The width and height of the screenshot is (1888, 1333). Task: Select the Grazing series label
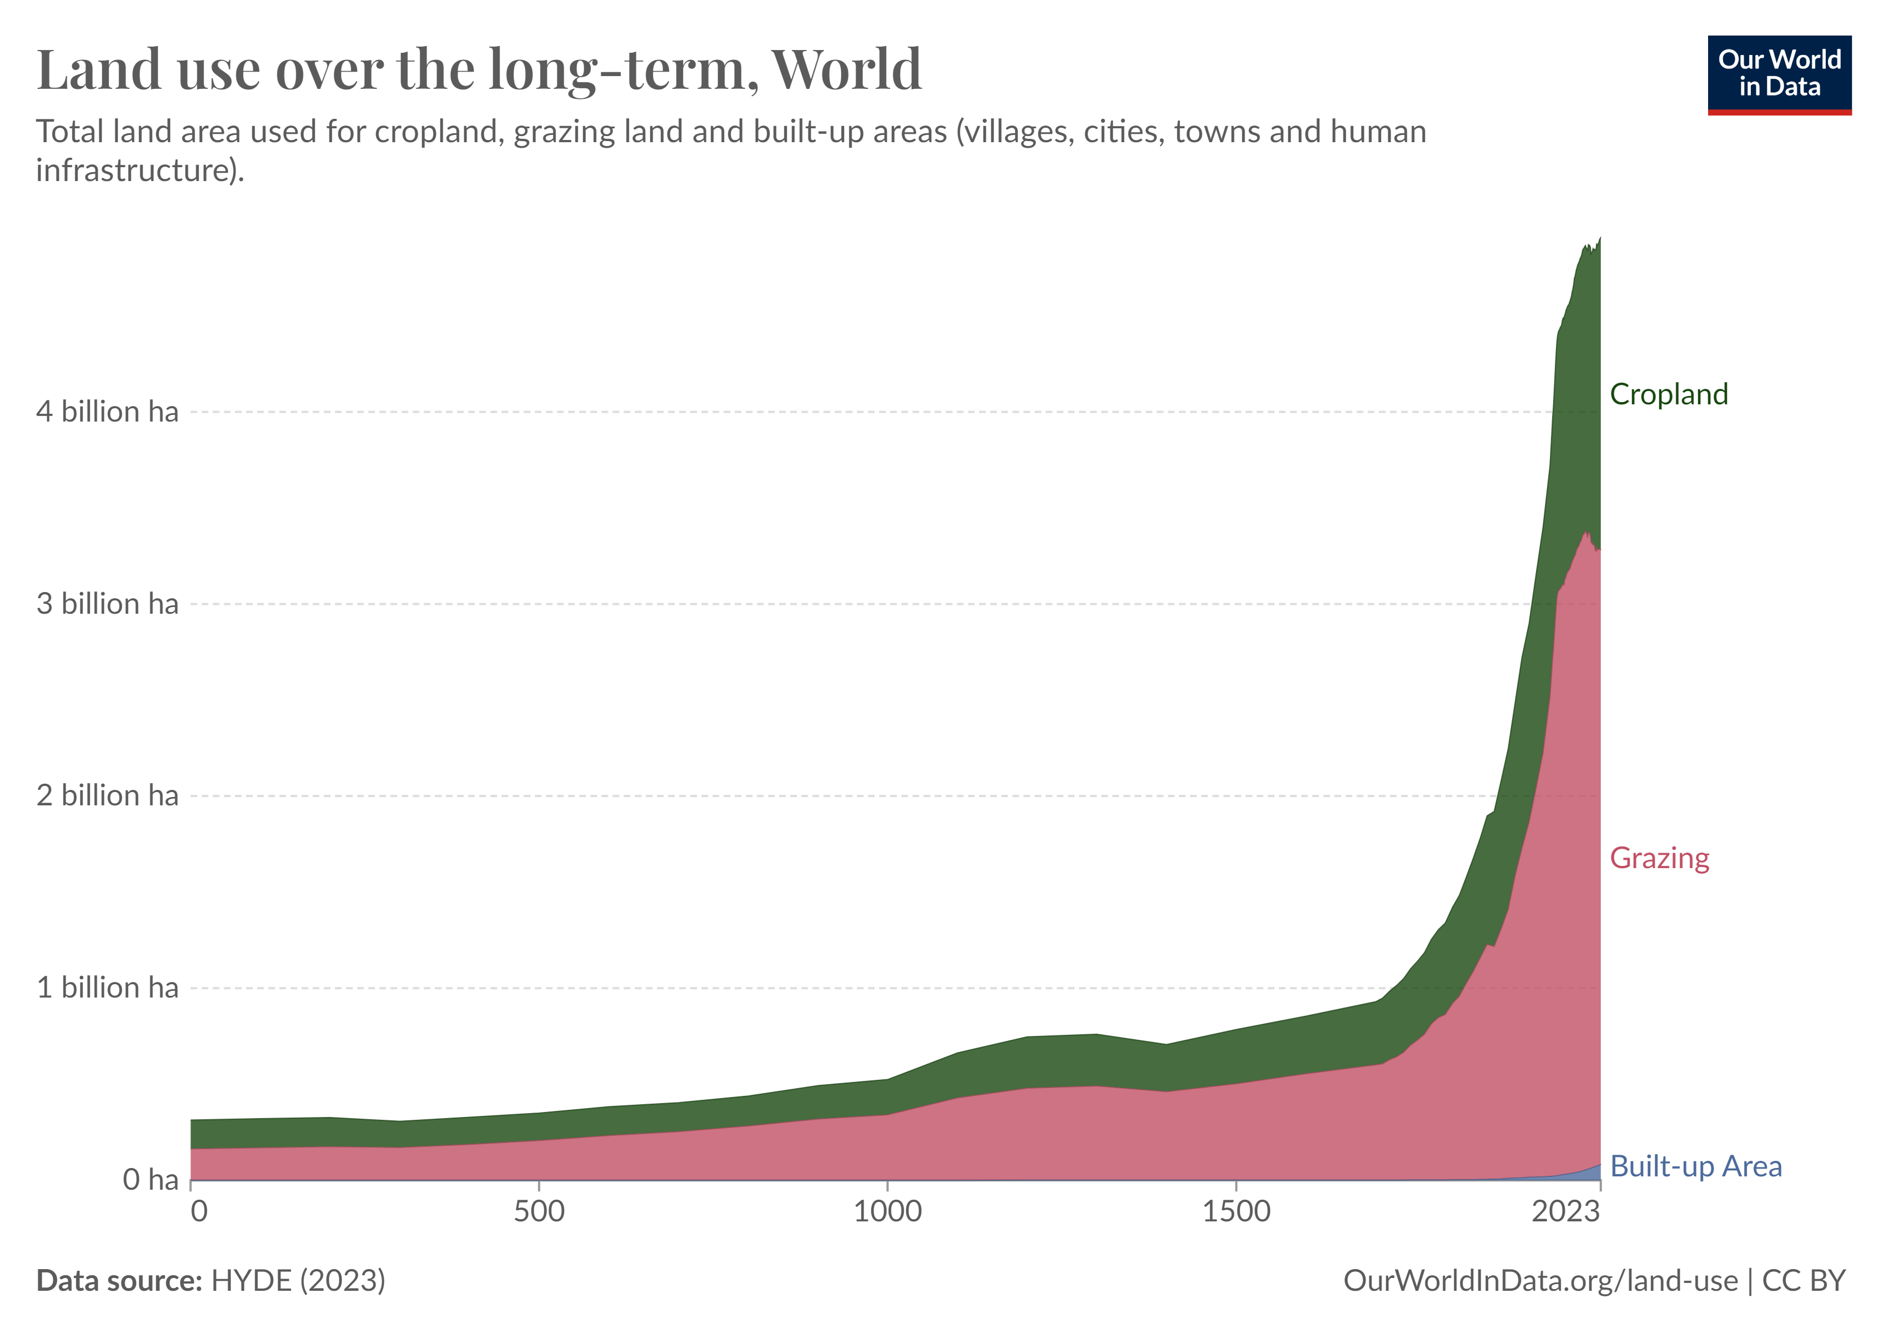pyautogui.click(x=1659, y=858)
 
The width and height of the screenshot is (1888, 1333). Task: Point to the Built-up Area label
pyautogui.click(x=1695, y=1166)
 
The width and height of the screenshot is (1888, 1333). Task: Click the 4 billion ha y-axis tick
pyautogui.click(x=107, y=411)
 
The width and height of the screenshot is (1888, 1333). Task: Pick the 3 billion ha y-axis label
pyautogui.click(x=107, y=604)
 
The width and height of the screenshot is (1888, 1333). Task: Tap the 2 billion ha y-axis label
pyautogui.click(x=107, y=795)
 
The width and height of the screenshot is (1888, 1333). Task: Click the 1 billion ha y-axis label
pyautogui.click(x=107, y=988)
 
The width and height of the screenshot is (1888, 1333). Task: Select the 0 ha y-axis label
pyautogui.click(x=150, y=1179)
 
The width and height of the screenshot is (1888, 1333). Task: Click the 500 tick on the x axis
pyautogui.click(x=539, y=1211)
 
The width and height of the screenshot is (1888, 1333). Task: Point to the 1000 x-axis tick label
pyautogui.click(x=887, y=1211)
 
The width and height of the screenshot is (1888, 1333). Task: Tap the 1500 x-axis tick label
pyautogui.click(x=1236, y=1211)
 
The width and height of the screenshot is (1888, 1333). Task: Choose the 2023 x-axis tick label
pyautogui.click(x=1565, y=1211)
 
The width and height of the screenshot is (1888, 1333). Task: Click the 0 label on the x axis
pyautogui.click(x=198, y=1211)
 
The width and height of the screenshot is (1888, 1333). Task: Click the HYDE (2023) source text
pyautogui.click(x=298, y=1280)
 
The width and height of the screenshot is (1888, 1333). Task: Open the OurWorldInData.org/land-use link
pyautogui.click(x=1540, y=1280)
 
